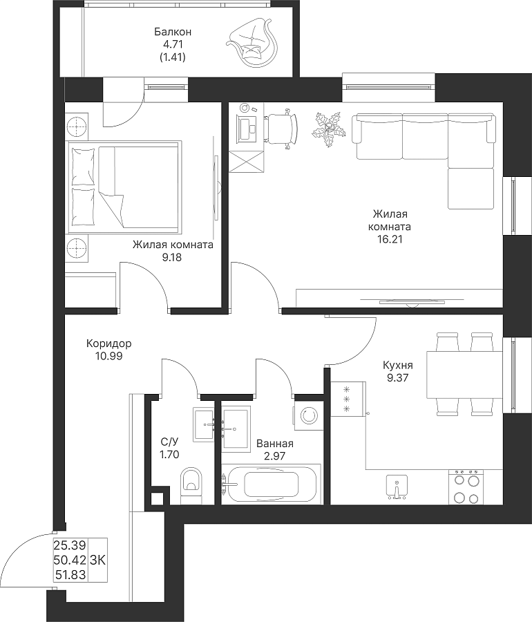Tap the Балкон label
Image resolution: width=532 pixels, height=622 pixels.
pos(173,31)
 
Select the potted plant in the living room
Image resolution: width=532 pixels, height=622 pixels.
pos(328,129)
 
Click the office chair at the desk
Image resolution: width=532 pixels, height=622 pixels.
pos(281,128)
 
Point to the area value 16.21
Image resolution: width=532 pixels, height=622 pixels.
pos(389,239)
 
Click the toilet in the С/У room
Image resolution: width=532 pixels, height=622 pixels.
pos(191,487)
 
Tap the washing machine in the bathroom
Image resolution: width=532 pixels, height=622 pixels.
pos(308,416)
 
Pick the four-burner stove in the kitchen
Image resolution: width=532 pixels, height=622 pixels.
pos(466,487)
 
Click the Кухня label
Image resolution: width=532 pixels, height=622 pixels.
pos(398,365)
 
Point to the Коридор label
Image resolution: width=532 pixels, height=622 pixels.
pos(109,343)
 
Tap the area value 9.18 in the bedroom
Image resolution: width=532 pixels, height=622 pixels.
pos(171,257)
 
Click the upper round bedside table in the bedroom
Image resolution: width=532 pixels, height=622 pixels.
pos(77,126)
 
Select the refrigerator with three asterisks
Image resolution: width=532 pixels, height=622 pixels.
pos(348,399)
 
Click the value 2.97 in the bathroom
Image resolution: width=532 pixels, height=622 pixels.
pos(275,456)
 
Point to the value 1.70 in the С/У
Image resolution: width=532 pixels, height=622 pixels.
pos(169,455)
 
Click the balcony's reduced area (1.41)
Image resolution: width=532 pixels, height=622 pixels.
pos(173,57)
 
